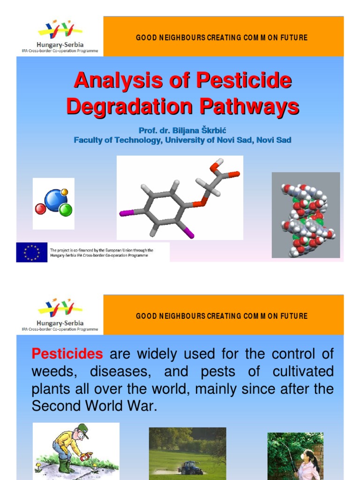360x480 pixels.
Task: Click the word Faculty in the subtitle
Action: click(89, 140)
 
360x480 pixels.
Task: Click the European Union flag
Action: click(32, 252)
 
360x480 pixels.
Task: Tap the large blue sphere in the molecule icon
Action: click(55, 200)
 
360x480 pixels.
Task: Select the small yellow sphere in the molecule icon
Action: click(65, 192)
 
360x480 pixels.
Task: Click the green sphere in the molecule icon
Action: click(66, 209)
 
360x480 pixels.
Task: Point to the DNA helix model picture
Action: click(306, 215)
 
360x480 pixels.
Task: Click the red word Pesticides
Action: click(67, 354)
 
